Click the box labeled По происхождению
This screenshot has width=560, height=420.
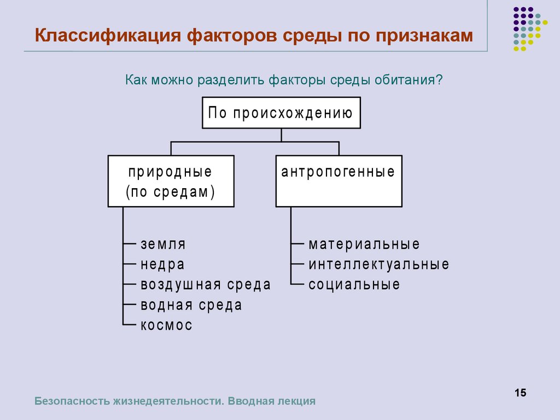click(281, 113)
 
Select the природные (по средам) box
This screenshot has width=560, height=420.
click(171, 182)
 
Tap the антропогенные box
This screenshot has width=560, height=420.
click(339, 181)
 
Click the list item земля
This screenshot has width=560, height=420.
click(163, 244)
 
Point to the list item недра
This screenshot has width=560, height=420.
click(162, 265)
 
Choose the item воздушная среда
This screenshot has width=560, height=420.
click(206, 285)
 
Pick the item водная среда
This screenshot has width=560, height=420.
click(191, 305)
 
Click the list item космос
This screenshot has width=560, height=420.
click(167, 325)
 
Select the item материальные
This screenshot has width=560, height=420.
click(364, 244)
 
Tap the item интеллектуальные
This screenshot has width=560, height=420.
click(379, 265)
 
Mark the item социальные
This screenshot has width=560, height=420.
click(354, 285)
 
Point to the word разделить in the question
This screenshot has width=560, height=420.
click(232, 80)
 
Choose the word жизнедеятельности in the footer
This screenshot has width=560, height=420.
click(167, 401)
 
